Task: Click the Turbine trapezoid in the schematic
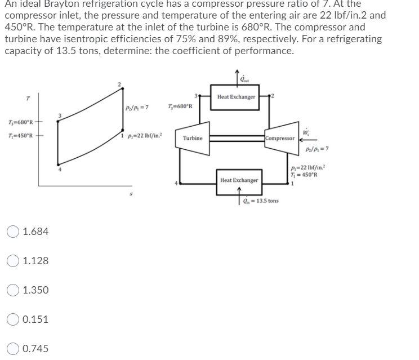(192, 138)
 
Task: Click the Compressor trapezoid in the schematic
(280, 138)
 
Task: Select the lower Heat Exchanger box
(239, 180)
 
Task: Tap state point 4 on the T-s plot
(59, 167)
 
